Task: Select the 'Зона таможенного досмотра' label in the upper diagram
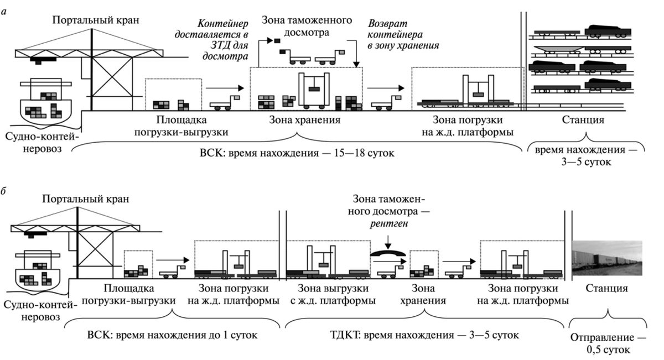tap(306, 26)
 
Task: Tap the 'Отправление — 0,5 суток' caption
tap(607, 342)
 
